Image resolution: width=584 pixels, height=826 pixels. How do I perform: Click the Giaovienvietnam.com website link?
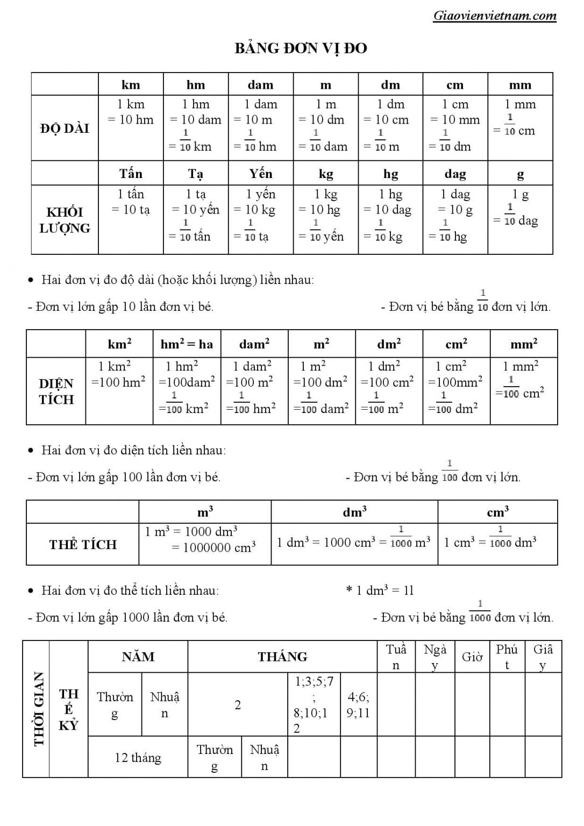tap(494, 16)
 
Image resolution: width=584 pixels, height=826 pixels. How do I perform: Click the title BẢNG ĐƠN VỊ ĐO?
tap(301, 48)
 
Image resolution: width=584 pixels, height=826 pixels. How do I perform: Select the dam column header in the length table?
tap(260, 85)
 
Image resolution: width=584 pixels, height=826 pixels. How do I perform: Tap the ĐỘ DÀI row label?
tap(65, 129)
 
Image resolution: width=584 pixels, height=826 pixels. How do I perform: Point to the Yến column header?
tap(260, 174)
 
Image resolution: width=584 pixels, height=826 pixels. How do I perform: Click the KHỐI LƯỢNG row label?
tap(65, 220)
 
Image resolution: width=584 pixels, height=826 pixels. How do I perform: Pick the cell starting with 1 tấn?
tap(131, 202)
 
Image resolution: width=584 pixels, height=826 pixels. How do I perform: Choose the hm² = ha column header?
tap(187, 344)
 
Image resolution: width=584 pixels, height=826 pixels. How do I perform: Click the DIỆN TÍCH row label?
tap(56, 391)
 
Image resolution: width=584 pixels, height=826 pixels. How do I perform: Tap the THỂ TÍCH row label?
tap(83, 545)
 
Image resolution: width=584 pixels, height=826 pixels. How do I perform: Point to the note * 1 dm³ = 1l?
tap(380, 590)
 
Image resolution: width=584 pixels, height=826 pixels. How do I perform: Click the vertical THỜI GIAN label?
tap(39, 709)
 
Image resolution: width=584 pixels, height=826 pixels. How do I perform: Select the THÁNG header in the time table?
tap(282, 657)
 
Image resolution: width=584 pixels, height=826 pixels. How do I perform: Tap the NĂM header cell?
tap(138, 657)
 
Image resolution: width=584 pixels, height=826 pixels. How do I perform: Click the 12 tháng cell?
tap(138, 758)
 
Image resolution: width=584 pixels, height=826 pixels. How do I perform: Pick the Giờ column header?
tap(472, 657)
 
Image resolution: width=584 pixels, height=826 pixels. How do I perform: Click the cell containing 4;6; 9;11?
tap(358, 705)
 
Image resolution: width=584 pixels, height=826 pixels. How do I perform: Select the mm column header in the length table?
tap(520, 85)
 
